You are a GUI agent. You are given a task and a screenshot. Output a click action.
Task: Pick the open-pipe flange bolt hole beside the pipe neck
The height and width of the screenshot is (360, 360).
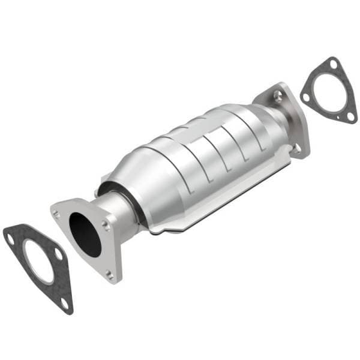click(107, 226)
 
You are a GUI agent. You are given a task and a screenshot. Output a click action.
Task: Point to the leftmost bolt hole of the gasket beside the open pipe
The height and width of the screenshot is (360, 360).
click(11, 239)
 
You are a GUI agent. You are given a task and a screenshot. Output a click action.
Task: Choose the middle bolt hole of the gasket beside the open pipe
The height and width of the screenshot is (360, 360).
click(59, 255)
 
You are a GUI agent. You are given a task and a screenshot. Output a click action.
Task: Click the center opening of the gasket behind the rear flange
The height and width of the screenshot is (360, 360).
click(327, 90)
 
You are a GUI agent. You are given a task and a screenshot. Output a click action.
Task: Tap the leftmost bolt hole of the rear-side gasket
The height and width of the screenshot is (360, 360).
click(307, 97)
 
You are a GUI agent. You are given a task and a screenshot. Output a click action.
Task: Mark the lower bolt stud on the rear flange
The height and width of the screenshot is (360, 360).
click(295, 146)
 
